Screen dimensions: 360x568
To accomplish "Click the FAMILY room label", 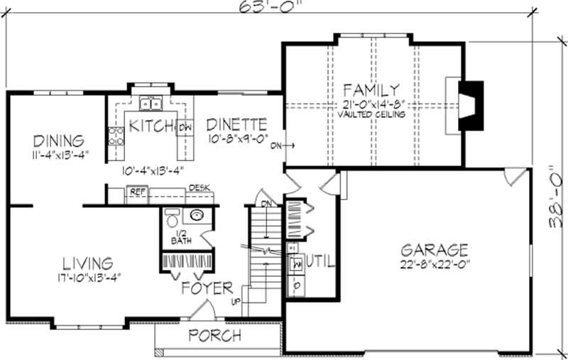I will pos(370,90).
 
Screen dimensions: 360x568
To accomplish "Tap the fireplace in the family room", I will pos(470,106).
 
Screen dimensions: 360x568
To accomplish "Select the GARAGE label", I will pos(435,250).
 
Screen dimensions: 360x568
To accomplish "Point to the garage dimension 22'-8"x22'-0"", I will pos(435,264).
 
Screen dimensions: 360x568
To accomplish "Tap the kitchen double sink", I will pos(150,104).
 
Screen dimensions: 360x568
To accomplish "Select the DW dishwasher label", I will pos(185,127).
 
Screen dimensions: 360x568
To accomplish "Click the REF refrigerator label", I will pos(135,191).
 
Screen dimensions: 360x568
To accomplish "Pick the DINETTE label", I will pos(236,124).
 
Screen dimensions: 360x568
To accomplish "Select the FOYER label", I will pos(207,288).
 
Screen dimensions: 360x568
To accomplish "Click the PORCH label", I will pos(214,335).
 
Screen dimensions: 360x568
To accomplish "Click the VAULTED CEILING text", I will pos(371,114).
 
